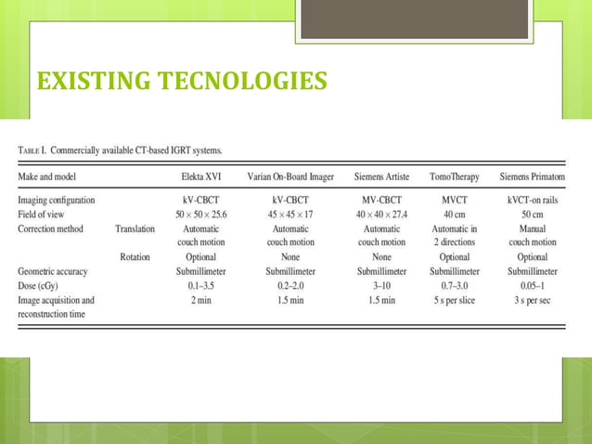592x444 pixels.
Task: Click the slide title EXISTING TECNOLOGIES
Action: tap(181, 81)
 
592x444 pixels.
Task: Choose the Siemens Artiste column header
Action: tap(381, 176)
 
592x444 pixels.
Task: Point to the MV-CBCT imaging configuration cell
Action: tap(381, 199)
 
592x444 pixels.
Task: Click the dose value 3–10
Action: tap(381, 286)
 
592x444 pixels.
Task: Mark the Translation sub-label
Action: tap(135, 228)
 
